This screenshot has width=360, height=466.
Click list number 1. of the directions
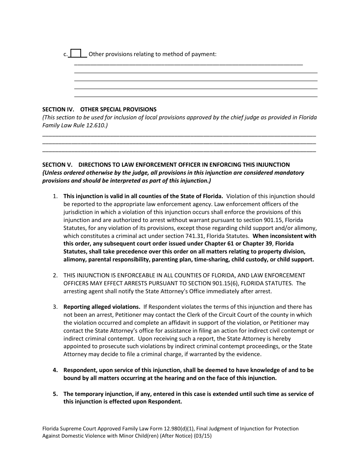click(x=55, y=196)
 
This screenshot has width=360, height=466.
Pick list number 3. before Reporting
click(x=55, y=307)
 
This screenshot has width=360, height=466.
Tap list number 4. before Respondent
click(x=55, y=370)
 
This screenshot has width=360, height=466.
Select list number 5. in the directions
click(x=55, y=394)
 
